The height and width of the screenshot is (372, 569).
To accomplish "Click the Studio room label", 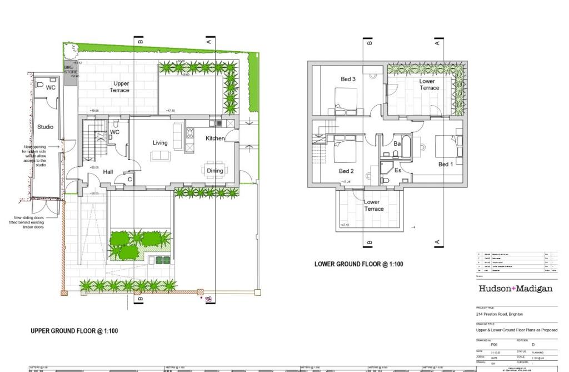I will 45,127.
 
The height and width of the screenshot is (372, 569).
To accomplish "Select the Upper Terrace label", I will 119,87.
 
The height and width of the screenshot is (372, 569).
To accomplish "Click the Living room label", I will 160,143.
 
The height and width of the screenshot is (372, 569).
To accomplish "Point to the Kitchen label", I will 215,138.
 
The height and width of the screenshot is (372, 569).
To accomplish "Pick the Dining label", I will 215,171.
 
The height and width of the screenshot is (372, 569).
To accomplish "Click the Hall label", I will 108,172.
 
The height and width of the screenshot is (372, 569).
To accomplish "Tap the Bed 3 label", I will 348,79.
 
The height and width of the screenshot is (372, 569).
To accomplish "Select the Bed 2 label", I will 347,171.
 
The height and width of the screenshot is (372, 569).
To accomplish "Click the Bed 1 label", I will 446,164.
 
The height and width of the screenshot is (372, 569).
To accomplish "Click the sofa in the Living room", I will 159,155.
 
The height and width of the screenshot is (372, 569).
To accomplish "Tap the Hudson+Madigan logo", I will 515,289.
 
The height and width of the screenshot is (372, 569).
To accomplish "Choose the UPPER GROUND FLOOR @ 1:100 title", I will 74,331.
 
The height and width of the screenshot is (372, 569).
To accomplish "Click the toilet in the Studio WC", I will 38,85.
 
